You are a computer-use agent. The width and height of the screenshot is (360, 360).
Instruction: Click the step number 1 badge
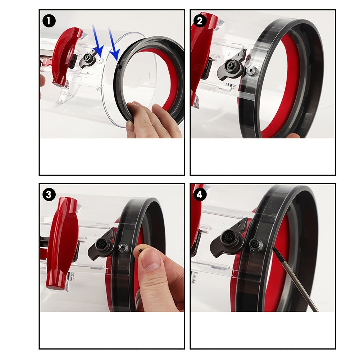(49, 21)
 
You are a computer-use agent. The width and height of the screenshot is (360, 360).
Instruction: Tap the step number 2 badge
(200, 21)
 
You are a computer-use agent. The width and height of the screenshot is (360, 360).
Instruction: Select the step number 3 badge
(49, 195)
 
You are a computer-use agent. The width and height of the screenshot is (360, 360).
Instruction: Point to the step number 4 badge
(200, 195)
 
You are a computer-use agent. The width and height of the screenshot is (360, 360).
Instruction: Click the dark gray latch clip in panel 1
(87, 60)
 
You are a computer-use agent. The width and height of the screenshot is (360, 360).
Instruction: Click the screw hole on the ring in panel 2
(253, 71)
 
